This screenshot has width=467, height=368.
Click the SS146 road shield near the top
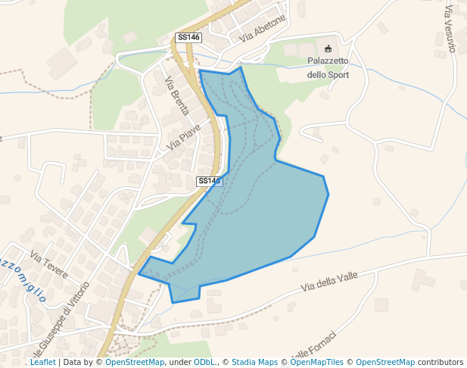coord(188,37)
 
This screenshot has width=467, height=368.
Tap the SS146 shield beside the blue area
coord(209,181)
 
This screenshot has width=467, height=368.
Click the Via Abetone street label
coord(263,28)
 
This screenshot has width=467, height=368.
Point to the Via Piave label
coord(185,136)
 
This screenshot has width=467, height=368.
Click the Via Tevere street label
coord(49,264)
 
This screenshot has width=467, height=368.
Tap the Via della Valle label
coord(328,282)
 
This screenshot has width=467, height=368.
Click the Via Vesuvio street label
coord(450,29)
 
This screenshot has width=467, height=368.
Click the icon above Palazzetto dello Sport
coord(328,48)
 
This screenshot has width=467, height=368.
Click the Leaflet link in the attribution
coord(42,363)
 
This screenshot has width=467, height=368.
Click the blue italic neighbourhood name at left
coord(23,276)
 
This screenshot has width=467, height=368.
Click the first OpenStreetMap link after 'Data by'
coord(135,363)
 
